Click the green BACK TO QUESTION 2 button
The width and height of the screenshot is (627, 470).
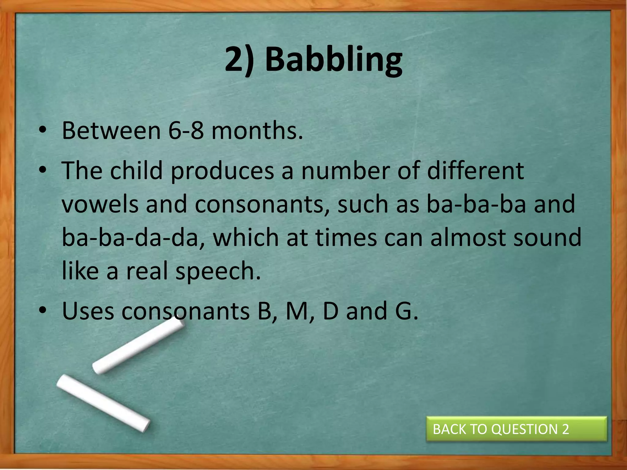coord(516,429)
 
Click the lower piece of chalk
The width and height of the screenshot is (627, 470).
coord(103,403)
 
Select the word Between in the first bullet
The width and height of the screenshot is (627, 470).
coord(111,131)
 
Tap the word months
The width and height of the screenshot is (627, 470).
coord(257,131)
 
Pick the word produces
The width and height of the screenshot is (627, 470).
coord(222,171)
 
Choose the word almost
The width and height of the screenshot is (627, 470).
coord(468,237)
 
